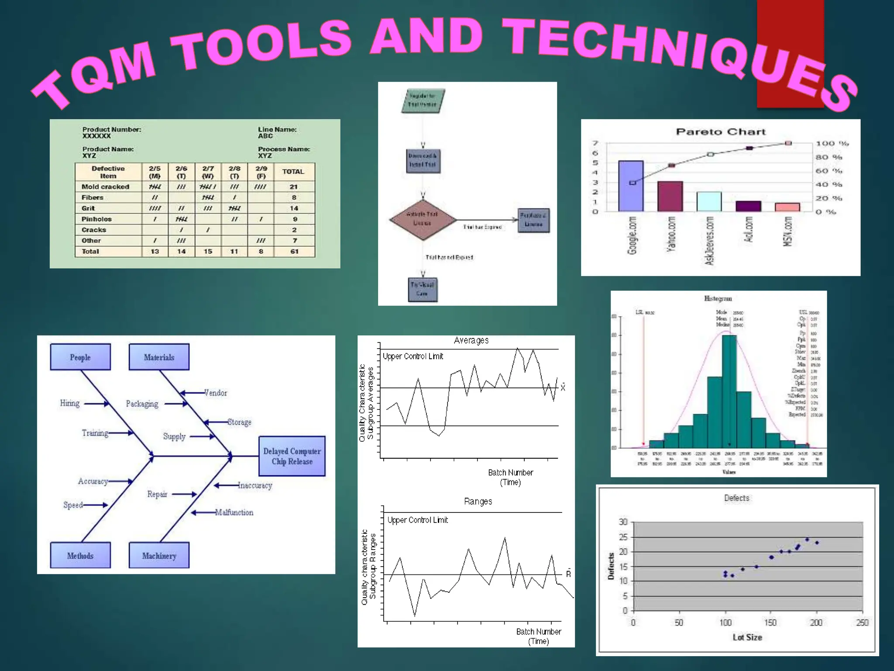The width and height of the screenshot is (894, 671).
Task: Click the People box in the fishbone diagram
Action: tap(80, 357)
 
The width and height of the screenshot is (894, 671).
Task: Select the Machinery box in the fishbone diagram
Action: tap(159, 555)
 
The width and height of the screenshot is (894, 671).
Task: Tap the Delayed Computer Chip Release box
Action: tap(292, 456)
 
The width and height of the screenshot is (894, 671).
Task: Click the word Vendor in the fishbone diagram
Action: tap(216, 393)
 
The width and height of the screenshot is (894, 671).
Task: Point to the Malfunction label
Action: tap(234, 512)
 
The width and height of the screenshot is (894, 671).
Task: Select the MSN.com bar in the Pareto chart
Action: tap(787, 207)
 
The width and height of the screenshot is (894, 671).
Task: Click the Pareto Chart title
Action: tap(721, 131)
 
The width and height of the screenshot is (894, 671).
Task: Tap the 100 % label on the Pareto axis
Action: tap(832, 143)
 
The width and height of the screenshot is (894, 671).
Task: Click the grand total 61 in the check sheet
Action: tap(294, 252)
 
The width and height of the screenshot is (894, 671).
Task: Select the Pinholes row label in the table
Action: tap(96, 219)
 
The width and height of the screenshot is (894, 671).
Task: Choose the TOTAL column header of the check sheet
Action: tap(293, 172)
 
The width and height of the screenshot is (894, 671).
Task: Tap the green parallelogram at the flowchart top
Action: tap(423, 101)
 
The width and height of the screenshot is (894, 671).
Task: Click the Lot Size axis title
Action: tap(747, 637)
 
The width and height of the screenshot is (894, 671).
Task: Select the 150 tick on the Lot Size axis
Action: tap(770, 623)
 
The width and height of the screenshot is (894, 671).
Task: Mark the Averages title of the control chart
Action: tap(471, 340)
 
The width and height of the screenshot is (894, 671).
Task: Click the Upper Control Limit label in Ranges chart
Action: tap(418, 520)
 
